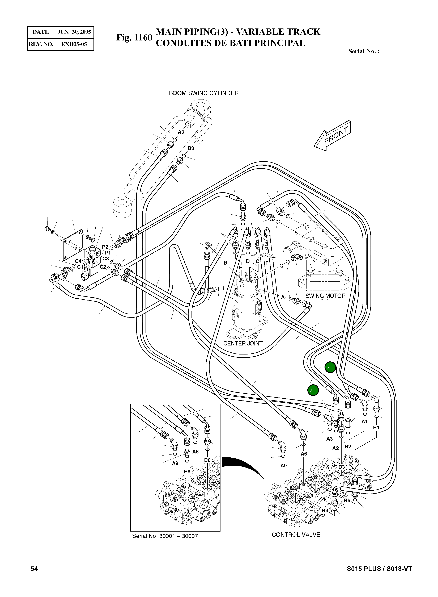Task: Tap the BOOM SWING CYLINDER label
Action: click(204, 93)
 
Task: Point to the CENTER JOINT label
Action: click(243, 343)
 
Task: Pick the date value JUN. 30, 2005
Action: click(74, 32)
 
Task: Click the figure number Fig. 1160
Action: click(134, 38)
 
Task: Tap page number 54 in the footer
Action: click(34, 569)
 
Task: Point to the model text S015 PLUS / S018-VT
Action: click(379, 569)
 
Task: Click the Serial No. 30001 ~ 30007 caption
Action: click(165, 536)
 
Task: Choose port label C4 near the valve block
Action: click(78, 261)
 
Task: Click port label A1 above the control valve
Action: click(365, 421)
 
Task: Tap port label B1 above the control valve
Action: click(376, 427)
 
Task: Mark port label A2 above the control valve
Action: click(335, 448)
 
